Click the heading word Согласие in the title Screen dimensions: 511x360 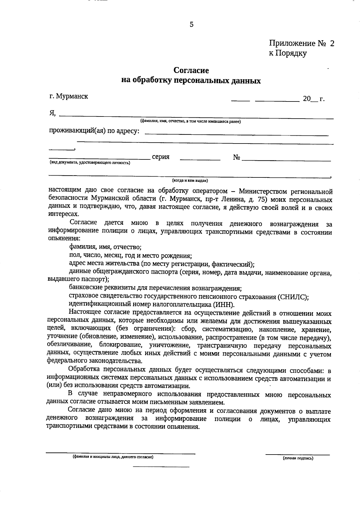point(191,71)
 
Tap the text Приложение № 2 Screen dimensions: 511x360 point(301,44)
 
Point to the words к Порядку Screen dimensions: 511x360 point(287,53)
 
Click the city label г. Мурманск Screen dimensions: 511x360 point(69,97)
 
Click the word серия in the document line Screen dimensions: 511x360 point(160,157)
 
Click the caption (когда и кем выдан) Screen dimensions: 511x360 point(190,181)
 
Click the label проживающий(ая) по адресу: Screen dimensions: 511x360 point(94,131)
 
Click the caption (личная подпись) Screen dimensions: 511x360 point(298,458)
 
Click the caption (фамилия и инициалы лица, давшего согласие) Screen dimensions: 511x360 point(113,457)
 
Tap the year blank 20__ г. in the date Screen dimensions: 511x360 point(313,99)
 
